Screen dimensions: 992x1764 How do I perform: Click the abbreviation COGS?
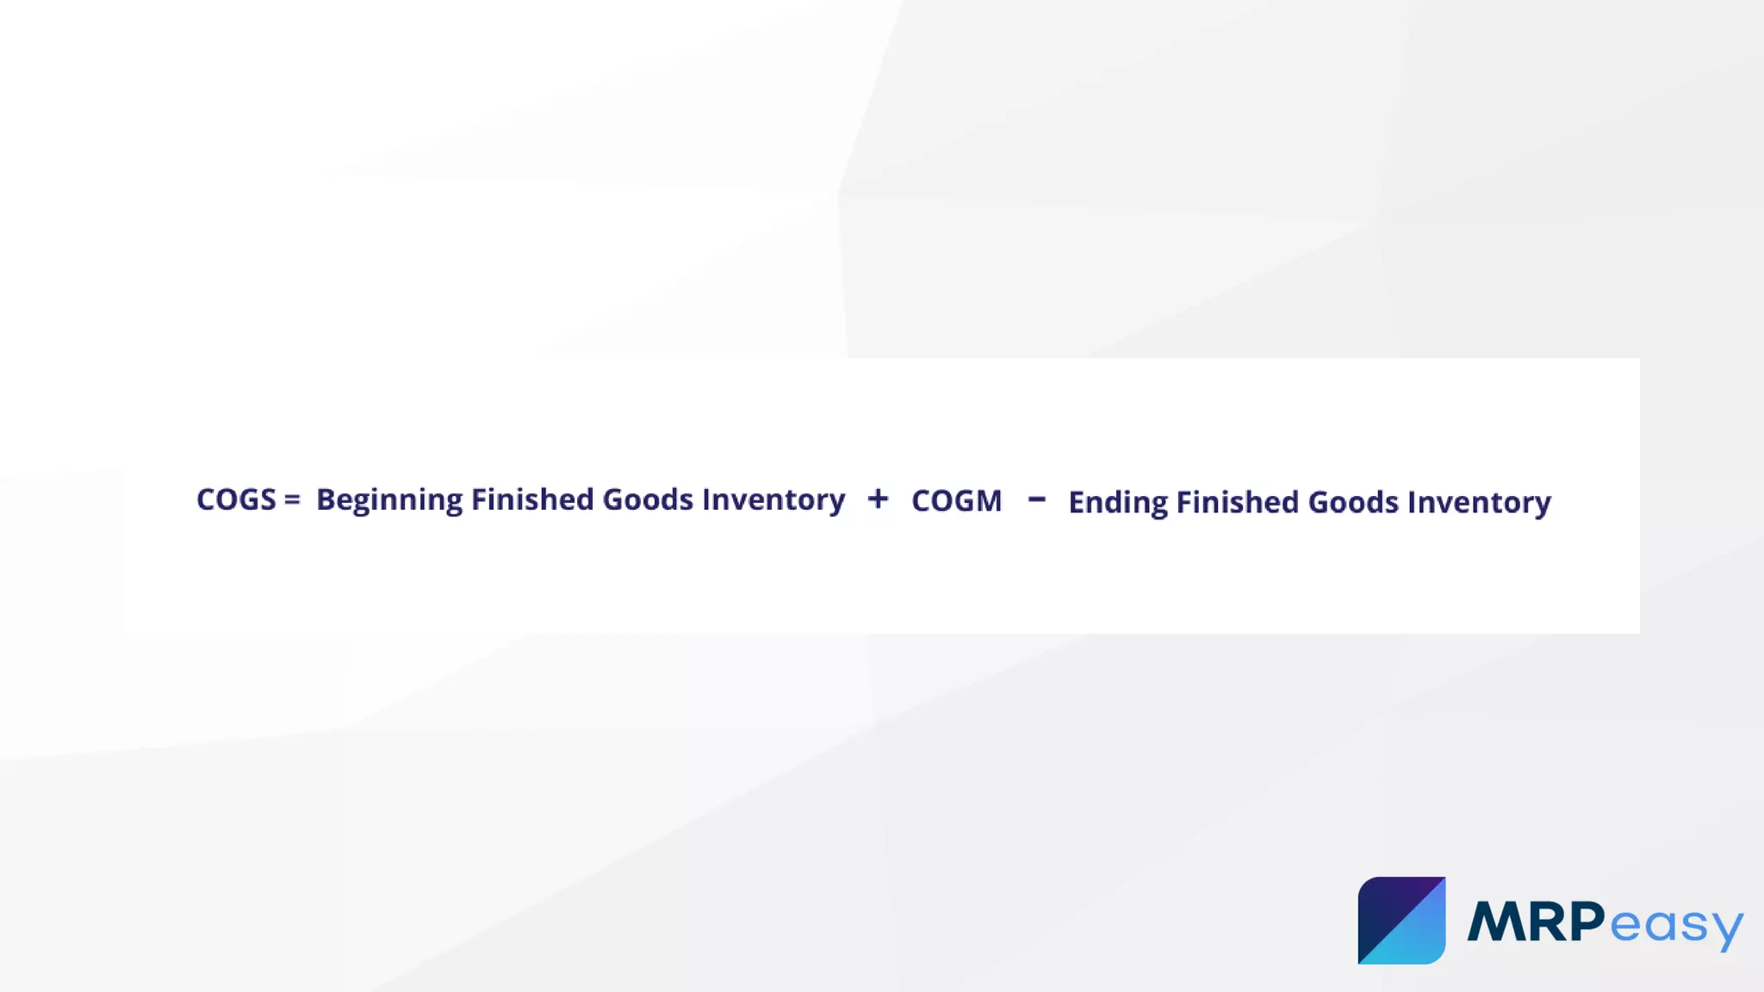(236, 500)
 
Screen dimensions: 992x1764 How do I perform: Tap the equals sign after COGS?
(292, 500)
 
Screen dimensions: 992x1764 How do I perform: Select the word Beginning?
(389, 500)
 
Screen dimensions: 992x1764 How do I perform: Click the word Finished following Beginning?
(532, 500)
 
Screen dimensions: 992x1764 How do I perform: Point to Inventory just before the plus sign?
(773, 500)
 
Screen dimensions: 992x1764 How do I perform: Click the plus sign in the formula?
(878, 499)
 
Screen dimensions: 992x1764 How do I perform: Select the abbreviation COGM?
(957, 501)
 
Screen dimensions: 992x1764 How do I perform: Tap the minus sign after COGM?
(1037, 499)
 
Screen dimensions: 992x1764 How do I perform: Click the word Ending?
(1118, 503)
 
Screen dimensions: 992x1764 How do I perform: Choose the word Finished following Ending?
(1239, 502)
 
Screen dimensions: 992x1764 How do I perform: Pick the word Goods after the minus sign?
(1353, 502)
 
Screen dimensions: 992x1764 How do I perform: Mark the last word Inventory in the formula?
(1479, 503)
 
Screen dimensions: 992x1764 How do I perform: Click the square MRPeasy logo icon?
(1401, 921)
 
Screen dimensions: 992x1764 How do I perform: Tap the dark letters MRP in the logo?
(1536, 921)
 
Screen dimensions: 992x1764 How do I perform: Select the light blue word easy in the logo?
(1675, 926)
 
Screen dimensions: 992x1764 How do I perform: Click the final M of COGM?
(987, 501)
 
